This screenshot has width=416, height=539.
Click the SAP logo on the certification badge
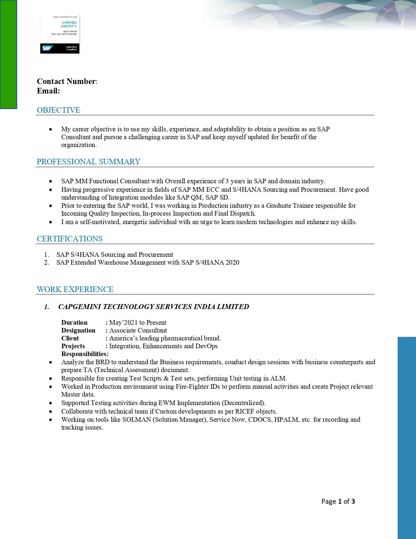tap(47, 48)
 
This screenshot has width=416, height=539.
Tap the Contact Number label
tap(67, 81)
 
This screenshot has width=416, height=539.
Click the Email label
tap(48, 91)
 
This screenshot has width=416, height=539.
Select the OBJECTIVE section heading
tap(58, 110)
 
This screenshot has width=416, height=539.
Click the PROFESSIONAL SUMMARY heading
tap(88, 162)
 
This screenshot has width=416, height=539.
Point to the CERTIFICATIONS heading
tap(69, 239)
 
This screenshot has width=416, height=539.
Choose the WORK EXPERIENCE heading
tap(75, 289)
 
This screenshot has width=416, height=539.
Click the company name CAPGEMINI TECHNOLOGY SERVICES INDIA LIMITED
tap(153, 307)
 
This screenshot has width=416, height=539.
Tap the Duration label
tap(74, 322)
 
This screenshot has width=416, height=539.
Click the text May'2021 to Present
tap(138, 322)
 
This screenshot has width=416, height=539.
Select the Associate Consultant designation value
tap(138, 330)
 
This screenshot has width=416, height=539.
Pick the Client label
tap(70, 338)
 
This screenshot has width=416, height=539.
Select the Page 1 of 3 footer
tap(338, 501)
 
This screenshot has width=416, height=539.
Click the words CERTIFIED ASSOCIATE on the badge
tap(69, 24)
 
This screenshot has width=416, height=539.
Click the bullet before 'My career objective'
tap(51, 129)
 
